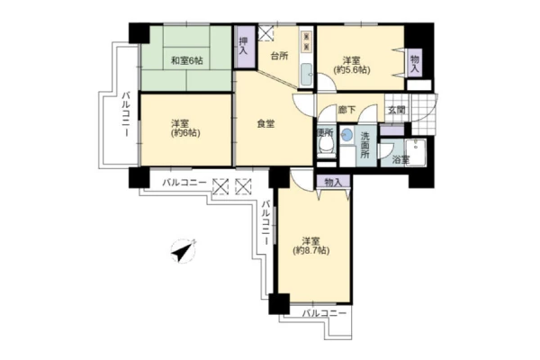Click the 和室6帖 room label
click(x=187, y=61)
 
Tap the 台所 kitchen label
click(x=279, y=56)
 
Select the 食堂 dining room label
click(x=265, y=123)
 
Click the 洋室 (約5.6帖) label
click(x=352, y=65)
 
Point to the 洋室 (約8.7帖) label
click(x=311, y=246)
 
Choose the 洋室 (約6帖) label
click(x=185, y=128)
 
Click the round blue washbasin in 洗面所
click(x=347, y=134)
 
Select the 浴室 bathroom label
click(x=401, y=160)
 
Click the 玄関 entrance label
click(x=397, y=110)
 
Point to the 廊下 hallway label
click(x=346, y=110)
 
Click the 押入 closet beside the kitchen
click(x=244, y=47)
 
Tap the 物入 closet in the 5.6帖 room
click(x=415, y=63)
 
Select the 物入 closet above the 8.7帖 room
click(x=333, y=182)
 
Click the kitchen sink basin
click(x=306, y=75)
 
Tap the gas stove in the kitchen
click(x=307, y=41)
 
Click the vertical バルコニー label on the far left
click(x=126, y=114)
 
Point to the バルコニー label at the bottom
click(x=324, y=314)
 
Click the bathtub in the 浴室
click(x=416, y=152)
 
